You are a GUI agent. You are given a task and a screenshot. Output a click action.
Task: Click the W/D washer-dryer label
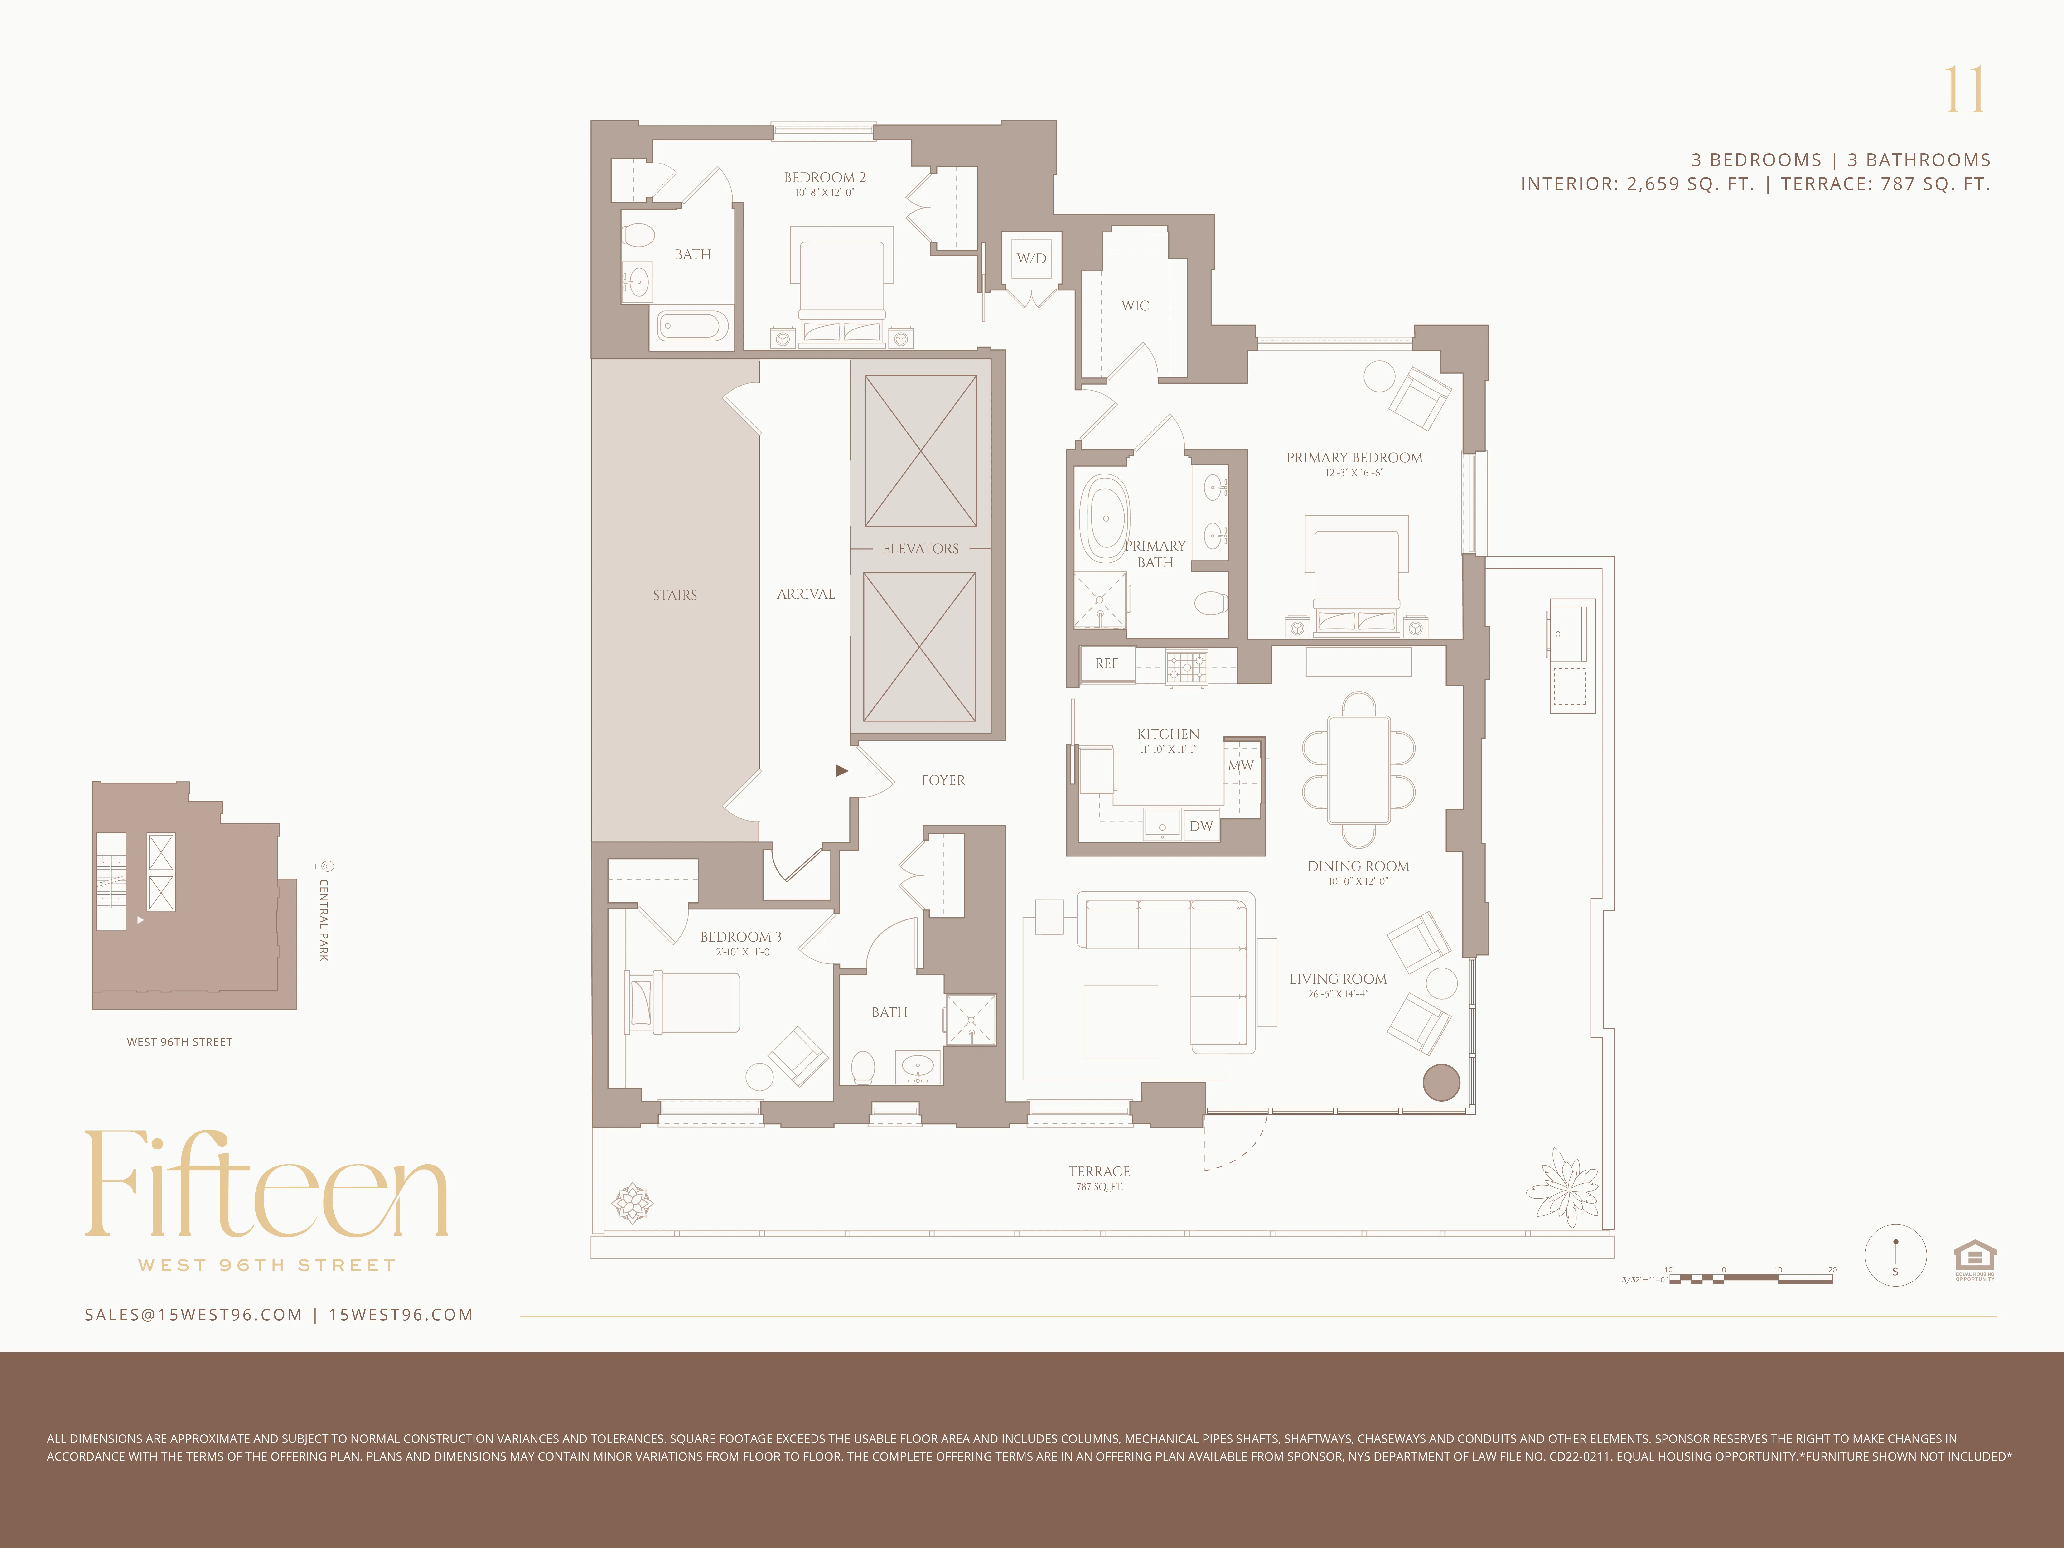pyautogui.click(x=1031, y=258)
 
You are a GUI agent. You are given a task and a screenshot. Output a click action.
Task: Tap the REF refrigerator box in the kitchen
pyautogui.click(x=1107, y=663)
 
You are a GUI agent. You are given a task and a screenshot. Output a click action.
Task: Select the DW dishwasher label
pyautogui.click(x=1201, y=826)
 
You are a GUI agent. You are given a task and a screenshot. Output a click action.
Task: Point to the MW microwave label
pyautogui.click(x=1240, y=765)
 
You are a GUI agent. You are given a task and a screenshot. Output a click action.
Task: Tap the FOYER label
pyautogui.click(x=943, y=780)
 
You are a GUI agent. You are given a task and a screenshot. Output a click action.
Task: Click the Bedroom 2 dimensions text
pyautogui.click(x=824, y=193)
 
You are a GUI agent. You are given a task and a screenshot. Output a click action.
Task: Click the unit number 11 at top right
pyautogui.click(x=1965, y=91)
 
